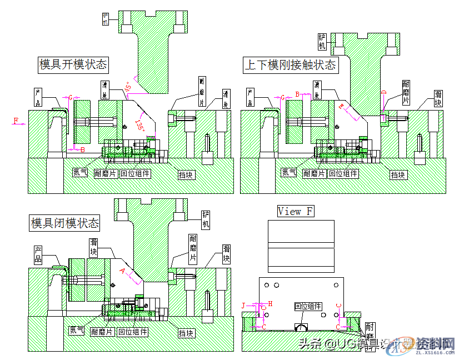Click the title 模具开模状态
[73, 64]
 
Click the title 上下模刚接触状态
[291, 65]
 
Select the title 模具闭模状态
[65, 223]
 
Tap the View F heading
[296, 211]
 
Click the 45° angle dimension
[128, 87]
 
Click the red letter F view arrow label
[16, 120]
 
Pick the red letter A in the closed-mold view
[122, 271]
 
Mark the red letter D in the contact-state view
[383, 93]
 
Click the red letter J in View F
[243, 304]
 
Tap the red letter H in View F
[270, 303]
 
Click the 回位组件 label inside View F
[308, 306]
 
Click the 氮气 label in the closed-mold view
[76, 331]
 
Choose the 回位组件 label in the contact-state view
[343, 173]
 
